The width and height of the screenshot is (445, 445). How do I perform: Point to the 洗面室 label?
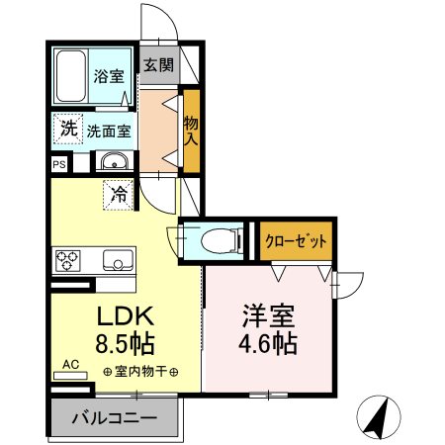tap(105, 129)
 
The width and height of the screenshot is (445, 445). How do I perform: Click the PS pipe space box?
tap(60, 165)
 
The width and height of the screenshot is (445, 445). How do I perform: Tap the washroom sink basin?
tap(113, 163)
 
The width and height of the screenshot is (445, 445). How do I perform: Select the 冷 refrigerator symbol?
tap(119, 195)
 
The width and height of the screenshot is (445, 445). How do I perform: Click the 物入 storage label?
tap(191, 128)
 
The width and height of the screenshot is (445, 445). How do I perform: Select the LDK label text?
tap(124, 318)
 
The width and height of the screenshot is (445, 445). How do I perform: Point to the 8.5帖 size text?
tap(124, 346)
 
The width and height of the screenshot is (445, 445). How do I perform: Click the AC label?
tap(69, 365)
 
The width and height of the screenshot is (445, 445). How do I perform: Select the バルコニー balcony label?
tap(114, 418)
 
